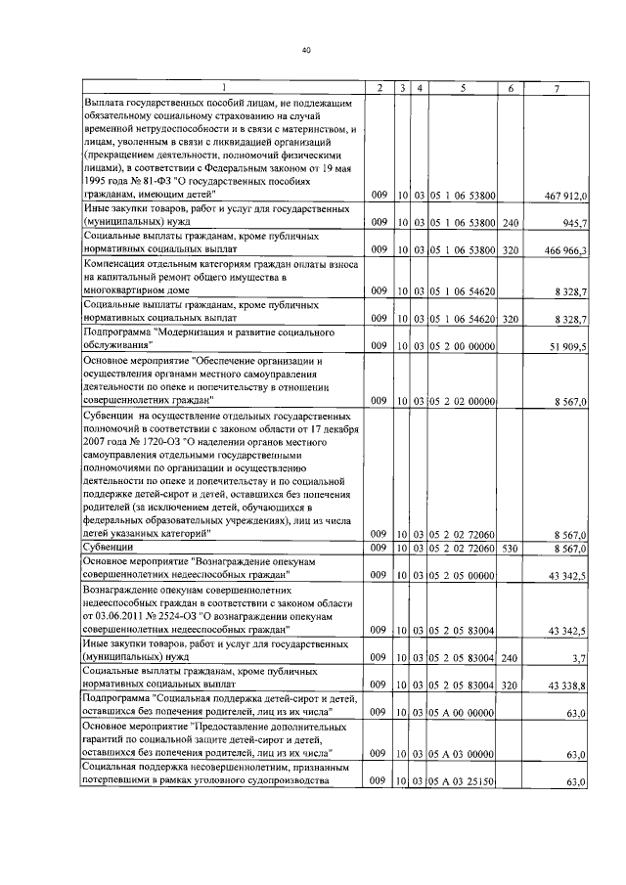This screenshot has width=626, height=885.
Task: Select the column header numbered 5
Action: point(463,89)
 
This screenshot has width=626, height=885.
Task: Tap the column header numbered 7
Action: point(556,89)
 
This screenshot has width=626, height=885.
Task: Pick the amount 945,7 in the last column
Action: point(573,223)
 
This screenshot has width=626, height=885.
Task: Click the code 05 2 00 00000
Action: point(464,346)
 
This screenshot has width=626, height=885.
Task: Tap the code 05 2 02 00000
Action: point(464,400)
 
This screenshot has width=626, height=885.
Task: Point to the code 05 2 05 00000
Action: point(464,577)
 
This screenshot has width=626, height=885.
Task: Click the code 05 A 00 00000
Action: point(464,713)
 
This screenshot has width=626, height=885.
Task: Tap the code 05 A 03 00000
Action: point(464,754)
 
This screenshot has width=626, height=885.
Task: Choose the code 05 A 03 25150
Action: point(464,781)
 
